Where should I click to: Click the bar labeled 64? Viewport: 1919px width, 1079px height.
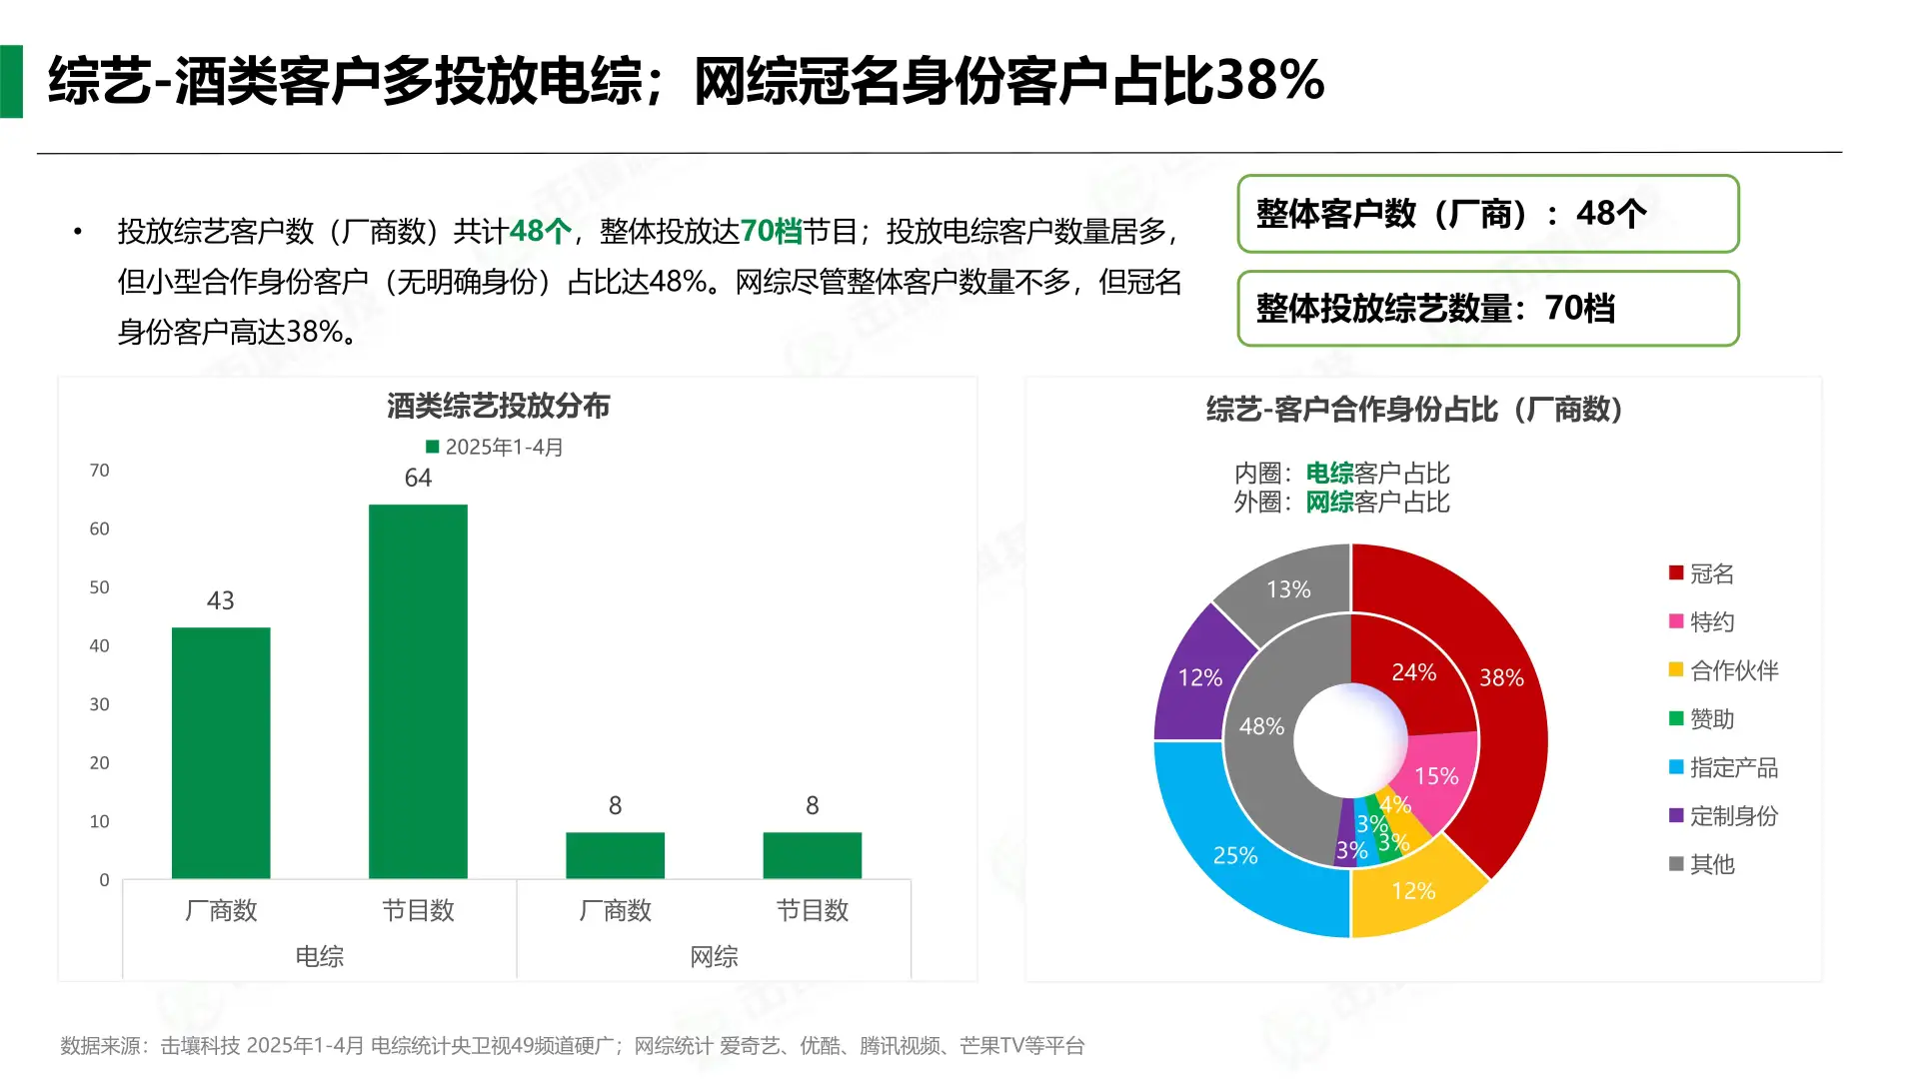(418, 691)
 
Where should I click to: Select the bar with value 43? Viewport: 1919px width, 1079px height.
(221, 753)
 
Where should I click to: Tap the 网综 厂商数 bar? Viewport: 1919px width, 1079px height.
(615, 855)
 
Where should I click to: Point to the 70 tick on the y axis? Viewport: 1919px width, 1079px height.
(99, 471)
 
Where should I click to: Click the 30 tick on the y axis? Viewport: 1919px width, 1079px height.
(99, 704)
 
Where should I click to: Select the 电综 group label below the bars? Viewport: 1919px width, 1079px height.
(319, 956)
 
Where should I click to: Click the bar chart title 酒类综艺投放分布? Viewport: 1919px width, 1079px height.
(498, 406)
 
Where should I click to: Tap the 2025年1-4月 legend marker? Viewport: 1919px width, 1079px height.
(433, 447)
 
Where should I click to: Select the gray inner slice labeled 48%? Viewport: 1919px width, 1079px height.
(1261, 739)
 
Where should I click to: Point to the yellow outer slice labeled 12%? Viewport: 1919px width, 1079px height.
(1413, 890)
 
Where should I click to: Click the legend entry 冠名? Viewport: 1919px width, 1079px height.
(1711, 573)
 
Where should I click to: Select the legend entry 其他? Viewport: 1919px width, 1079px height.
(1711, 864)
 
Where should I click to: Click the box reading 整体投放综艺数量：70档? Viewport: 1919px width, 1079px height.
(1487, 309)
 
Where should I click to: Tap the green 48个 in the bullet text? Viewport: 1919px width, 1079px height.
(541, 232)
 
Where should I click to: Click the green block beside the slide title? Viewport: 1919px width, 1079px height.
(12, 82)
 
